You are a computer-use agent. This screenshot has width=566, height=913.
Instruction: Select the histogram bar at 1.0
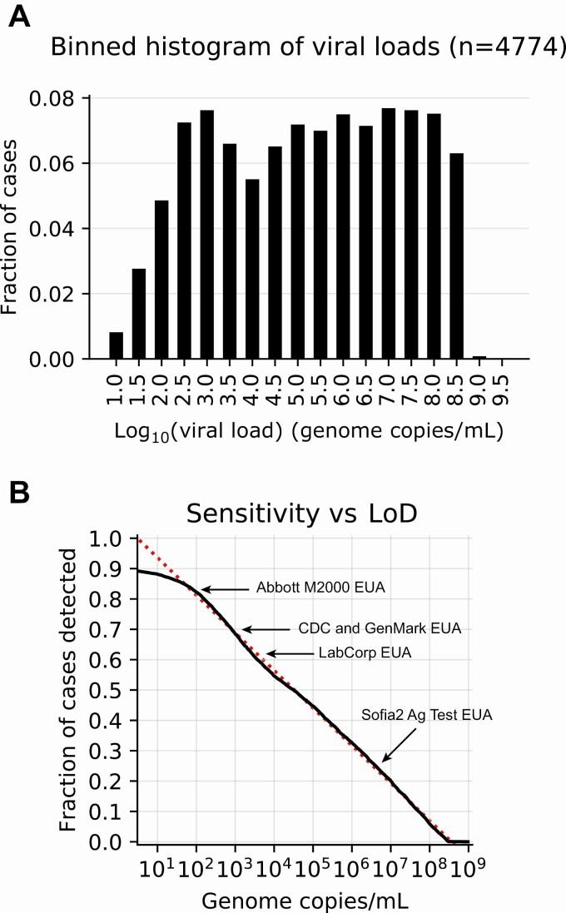click(x=117, y=345)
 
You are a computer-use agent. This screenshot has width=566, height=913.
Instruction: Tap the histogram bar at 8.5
click(x=454, y=256)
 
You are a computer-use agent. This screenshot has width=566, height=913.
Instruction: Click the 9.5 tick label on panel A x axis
click(x=501, y=388)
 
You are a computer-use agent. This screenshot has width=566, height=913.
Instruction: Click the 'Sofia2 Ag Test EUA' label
click(x=427, y=714)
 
